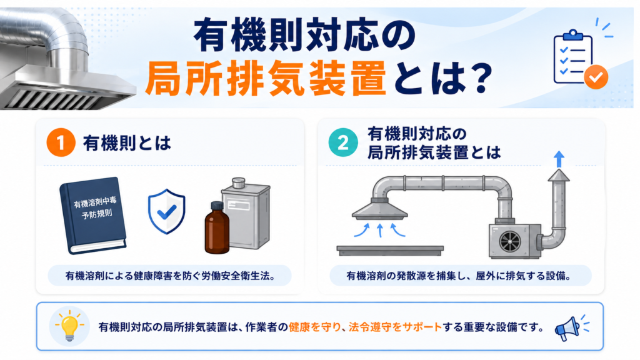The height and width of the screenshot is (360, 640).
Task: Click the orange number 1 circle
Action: pyautogui.click(x=61, y=143)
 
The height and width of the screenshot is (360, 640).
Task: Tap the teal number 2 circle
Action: pyautogui.click(x=343, y=143)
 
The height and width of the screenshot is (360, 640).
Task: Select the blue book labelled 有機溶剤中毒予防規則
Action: pyautogui.click(x=93, y=215)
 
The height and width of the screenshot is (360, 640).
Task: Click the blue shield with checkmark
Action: pyautogui.click(x=166, y=211)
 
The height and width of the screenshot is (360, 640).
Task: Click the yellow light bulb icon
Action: pyautogui.click(x=69, y=326)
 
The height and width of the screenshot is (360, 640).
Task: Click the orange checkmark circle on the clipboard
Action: pyautogui.click(x=596, y=77)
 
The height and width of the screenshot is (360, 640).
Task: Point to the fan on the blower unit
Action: pyautogui.click(x=510, y=242)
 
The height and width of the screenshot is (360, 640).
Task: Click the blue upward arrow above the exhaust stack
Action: pyautogui.click(x=559, y=159)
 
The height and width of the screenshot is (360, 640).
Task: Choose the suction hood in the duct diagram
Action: pyautogui.click(x=379, y=209)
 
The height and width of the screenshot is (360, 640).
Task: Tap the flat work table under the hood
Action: pyautogui.click(x=390, y=251)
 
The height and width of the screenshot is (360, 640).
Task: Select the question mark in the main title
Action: pyautogui.click(x=477, y=77)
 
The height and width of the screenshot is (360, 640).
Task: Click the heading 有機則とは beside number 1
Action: pyautogui.click(x=127, y=143)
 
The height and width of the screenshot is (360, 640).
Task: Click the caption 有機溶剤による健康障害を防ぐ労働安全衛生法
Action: pyautogui.click(x=170, y=276)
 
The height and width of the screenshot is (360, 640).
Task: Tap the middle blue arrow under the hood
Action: pyautogui.click(x=380, y=230)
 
